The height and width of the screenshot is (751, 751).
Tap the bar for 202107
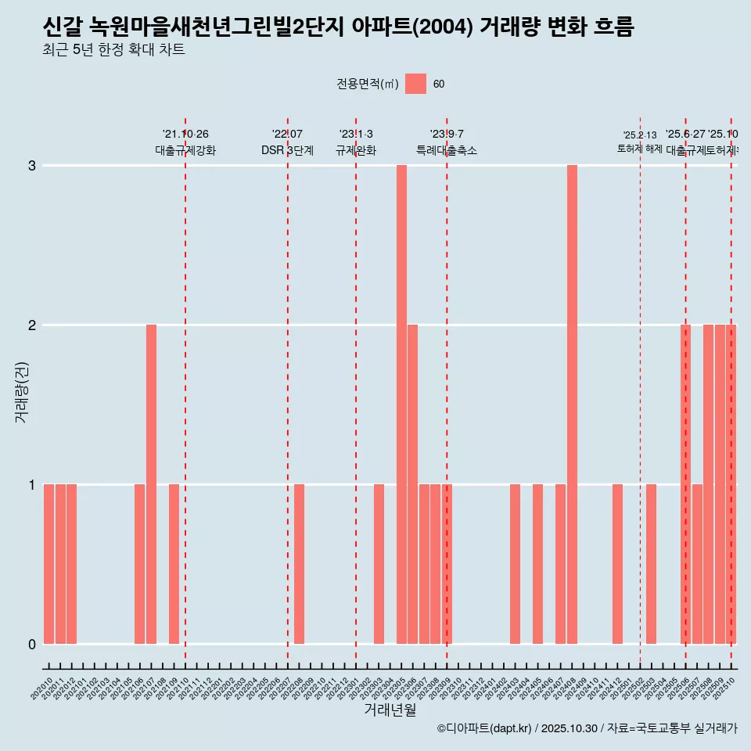(151, 484)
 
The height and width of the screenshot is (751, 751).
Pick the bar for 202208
(299, 564)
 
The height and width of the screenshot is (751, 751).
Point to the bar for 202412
(617, 564)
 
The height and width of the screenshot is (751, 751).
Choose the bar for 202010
(49, 564)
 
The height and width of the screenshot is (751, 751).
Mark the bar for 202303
(379, 564)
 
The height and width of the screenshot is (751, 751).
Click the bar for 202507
(697, 564)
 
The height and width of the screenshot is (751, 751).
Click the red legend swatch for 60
(415, 84)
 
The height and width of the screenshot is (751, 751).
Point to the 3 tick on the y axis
(32, 166)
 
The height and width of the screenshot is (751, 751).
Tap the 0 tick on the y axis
(32, 645)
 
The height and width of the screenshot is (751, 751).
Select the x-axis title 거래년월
(390, 710)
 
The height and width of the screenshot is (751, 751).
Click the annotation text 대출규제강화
(185, 150)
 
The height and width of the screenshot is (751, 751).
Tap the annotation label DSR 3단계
(288, 150)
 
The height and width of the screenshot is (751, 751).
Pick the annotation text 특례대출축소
(446, 150)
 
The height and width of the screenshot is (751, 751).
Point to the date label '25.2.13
(639, 135)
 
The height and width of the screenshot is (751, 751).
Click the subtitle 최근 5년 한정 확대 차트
(113, 50)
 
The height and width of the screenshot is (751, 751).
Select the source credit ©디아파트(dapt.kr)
(484, 728)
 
